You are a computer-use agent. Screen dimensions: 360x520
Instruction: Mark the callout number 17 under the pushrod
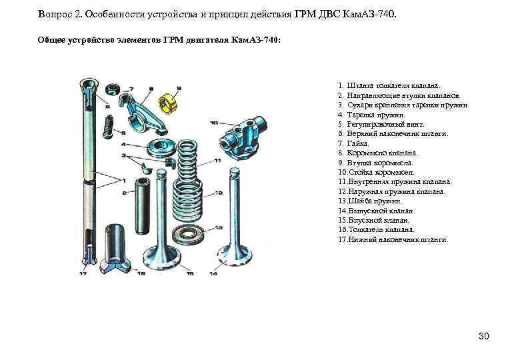[x=83, y=273]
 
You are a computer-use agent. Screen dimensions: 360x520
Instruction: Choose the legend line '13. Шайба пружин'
[x=371, y=201]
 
